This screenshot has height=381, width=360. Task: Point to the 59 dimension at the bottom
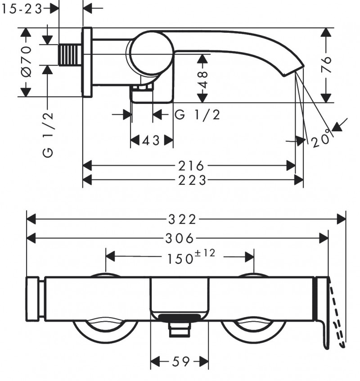pyautogui.click(x=179, y=361)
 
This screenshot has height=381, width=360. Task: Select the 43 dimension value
pyautogui.click(x=151, y=141)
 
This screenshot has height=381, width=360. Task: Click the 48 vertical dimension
pyautogui.click(x=203, y=79)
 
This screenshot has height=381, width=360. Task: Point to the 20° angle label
pyautogui.click(x=321, y=140)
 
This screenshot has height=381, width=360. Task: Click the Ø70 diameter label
pyautogui.click(x=26, y=61)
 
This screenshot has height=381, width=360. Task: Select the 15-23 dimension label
pyautogui.click(x=22, y=9)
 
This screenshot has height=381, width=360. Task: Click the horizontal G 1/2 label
pyautogui.click(x=197, y=115)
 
